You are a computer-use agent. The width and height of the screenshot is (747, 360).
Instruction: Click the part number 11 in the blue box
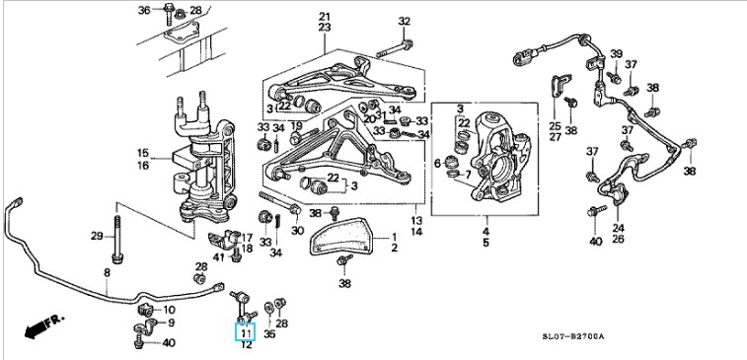(x=246, y=332)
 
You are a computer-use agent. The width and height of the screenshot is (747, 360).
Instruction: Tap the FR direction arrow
(x=43, y=326)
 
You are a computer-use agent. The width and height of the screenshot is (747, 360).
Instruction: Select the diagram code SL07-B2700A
(x=572, y=336)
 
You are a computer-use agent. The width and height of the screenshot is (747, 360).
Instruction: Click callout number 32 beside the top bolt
(x=404, y=21)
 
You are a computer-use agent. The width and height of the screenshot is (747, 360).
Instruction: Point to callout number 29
(x=97, y=236)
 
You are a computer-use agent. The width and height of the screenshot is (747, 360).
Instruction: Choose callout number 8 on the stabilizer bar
(x=107, y=273)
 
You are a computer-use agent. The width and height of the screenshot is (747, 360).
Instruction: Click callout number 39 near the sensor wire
(x=617, y=53)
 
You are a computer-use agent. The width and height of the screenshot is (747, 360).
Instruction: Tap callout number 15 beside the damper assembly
(x=143, y=153)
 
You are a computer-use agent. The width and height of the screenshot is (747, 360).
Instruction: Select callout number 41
(x=219, y=257)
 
